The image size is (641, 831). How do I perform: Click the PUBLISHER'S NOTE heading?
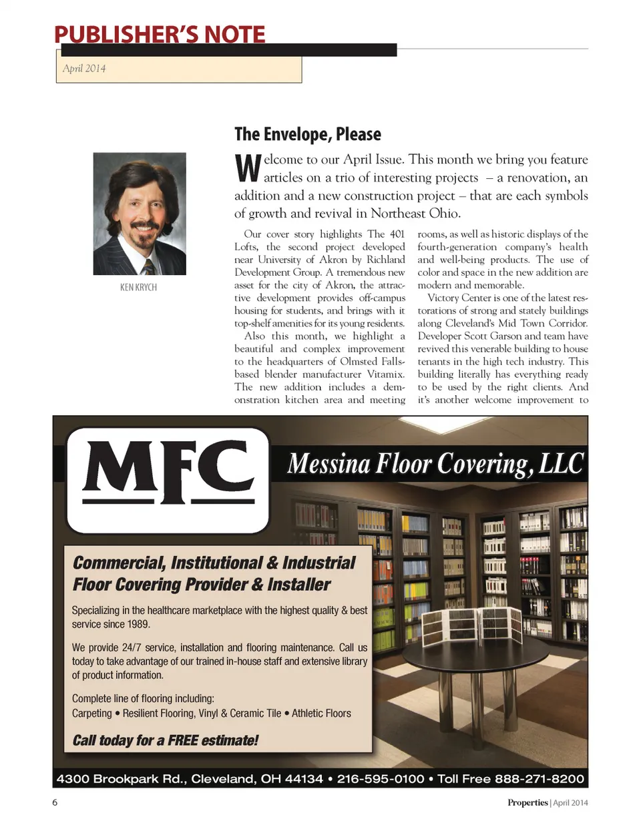(x=160, y=34)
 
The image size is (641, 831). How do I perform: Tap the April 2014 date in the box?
(x=84, y=68)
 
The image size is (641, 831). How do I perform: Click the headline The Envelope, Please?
(x=307, y=134)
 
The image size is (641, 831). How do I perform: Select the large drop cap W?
(x=247, y=168)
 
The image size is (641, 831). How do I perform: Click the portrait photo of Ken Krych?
(x=139, y=214)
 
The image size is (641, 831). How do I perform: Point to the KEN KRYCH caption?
(x=138, y=287)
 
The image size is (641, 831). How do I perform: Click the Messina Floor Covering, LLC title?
(x=435, y=463)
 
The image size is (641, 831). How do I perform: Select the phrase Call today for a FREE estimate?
(x=165, y=740)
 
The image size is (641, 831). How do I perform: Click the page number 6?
(x=55, y=802)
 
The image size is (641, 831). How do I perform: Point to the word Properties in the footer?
(x=527, y=802)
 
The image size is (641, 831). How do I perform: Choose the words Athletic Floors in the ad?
(x=321, y=714)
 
